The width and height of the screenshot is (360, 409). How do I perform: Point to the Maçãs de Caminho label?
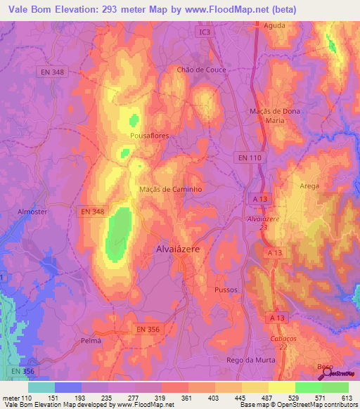(x=172, y=189)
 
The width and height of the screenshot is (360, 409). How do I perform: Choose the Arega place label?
(x=309, y=186)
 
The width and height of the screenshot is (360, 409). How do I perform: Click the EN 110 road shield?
(x=249, y=157)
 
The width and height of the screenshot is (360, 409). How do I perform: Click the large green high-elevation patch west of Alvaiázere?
(x=118, y=233)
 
